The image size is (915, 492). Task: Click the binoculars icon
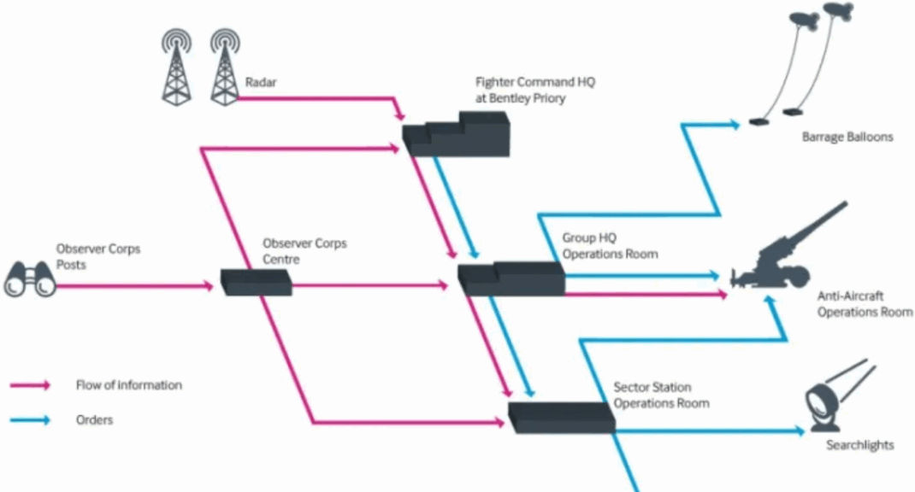click(x=30, y=279)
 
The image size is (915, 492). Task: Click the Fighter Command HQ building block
click(x=456, y=134)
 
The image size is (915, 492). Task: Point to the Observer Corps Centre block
click(x=257, y=282)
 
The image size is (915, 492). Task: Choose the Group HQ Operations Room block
click(x=511, y=278)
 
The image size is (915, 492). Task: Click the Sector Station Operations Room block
click(x=561, y=418)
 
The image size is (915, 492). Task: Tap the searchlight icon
click(x=840, y=395)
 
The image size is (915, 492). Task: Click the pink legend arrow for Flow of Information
click(x=30, y=385)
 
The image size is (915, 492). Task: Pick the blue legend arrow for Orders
click(x=30, y=419)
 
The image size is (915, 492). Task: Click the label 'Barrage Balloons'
click(x=847, y=137)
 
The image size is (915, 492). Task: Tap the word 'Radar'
click(x=260, y=82)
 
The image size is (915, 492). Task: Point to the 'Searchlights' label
click(x=859, y=445)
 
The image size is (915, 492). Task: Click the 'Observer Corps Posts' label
click(x=98, y=256)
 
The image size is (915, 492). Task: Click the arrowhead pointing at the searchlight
click(x=800, y=430)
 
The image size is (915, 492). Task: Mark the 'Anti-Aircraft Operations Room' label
click(x=865, y=304)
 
